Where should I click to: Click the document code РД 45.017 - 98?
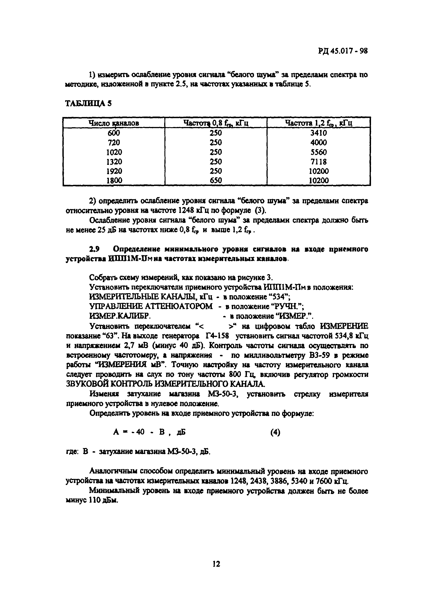coord(343,51)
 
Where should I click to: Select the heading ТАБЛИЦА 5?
coord(88,103)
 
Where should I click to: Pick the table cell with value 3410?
coord(318,133)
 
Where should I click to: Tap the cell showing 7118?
coord(318,161)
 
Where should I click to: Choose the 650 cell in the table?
coord(216,180)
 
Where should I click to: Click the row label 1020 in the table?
coord(114,152)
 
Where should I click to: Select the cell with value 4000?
coord(318,143)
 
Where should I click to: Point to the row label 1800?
coord(114,180)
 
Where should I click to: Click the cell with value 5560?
coord(318,152)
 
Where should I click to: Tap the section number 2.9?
coord(94,249)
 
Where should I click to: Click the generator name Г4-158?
coord(217,336)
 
